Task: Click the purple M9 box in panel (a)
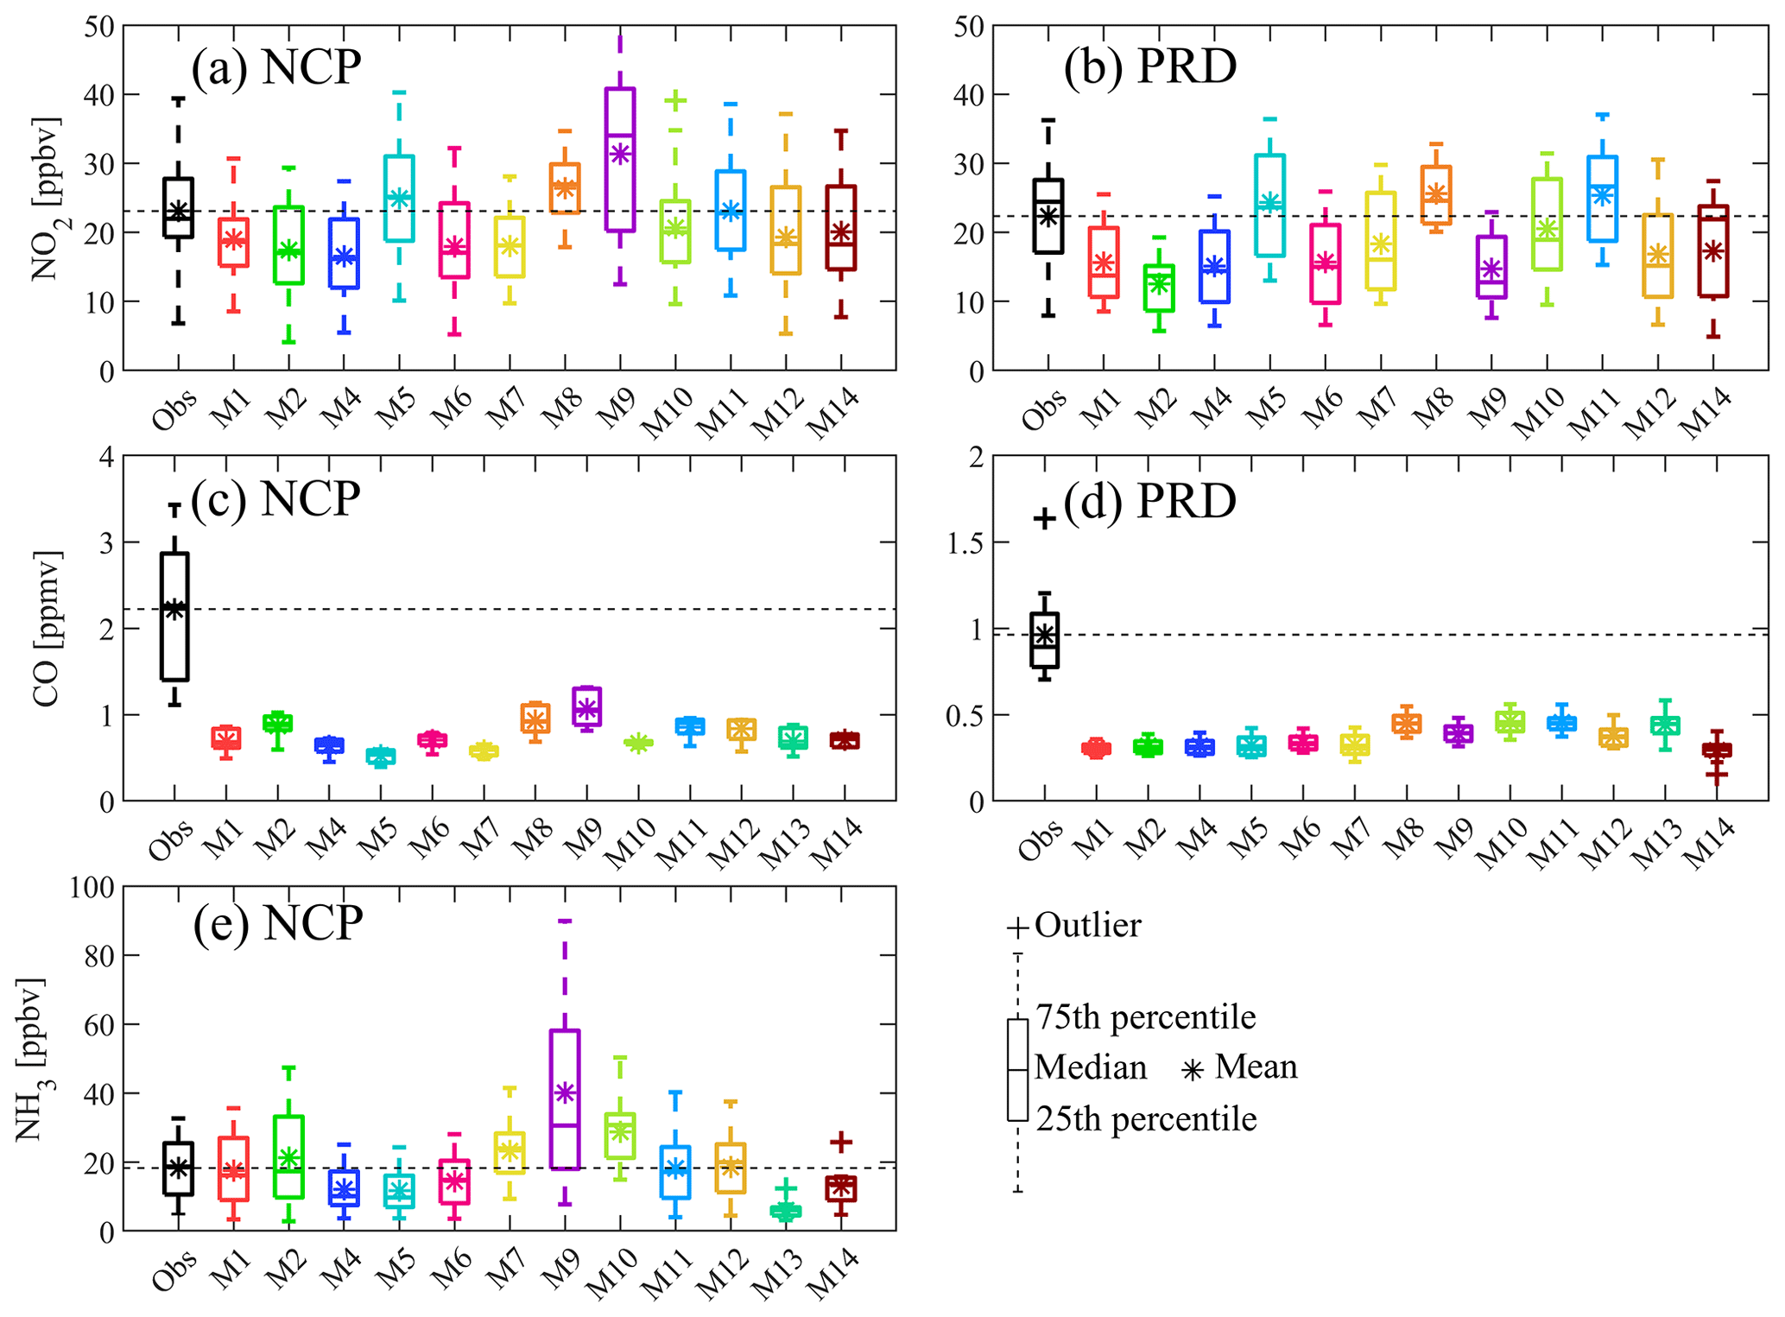[x=620, y=160]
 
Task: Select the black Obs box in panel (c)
[x=174, y=616]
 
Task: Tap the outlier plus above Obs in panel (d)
[x=1044, y=518]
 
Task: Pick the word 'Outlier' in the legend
[x=1087, y=925]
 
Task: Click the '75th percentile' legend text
[x=1145, y=1017]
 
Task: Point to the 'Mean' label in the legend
[x=1256, y=1067]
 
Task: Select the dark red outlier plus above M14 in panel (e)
[x=840, y=1142]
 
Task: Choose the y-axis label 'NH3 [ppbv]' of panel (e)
[x=31, y=1060]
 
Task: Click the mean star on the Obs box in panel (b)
[x=1048, y=216]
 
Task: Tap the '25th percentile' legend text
[x=1145, y=1119]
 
